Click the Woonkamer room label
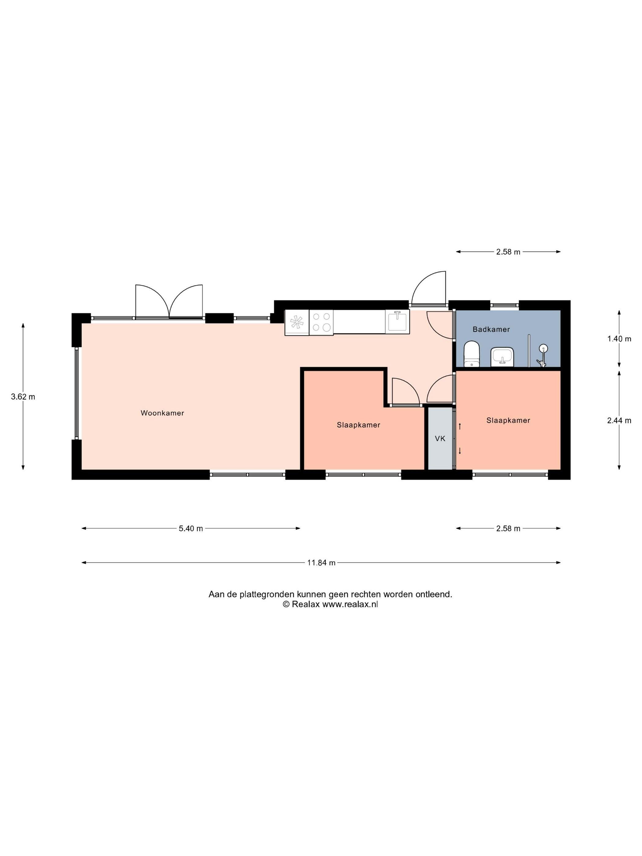tap(162, 413)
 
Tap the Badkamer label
tap(491, 329)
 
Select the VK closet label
tap(440, 438)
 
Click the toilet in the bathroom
tap(471, 354)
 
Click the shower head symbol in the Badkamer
tap(543, 348)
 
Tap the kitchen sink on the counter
tap(397, 322)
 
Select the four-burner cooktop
tap(321, 322)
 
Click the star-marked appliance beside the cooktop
tap(297, 322)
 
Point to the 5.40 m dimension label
tap(191, 529)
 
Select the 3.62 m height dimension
tap(23, 397)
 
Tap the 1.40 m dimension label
tap(619, 339)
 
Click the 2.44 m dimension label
tap(619, 421)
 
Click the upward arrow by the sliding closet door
tap(460, 426)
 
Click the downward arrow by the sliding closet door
tap(460, 450)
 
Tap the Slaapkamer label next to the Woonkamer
tap(358, 425)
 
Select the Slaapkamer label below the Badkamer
tap(508, 420)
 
